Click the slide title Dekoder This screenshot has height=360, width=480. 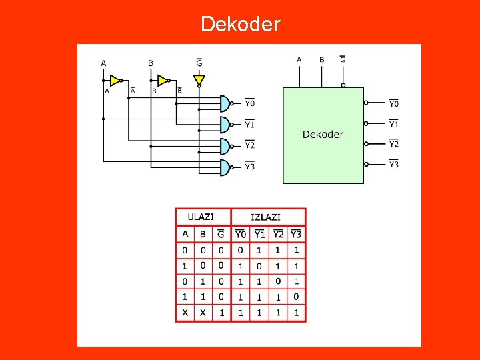[241, 25]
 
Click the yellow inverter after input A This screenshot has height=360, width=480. [115, 81]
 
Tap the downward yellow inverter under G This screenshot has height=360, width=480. [199, 81]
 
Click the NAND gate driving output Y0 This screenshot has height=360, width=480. [226, 103]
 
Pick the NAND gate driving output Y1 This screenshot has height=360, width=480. [226, 124]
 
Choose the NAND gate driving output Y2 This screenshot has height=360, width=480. [226, 145]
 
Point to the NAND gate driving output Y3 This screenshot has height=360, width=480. [226, 167]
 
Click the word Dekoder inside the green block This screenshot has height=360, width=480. [323, 135]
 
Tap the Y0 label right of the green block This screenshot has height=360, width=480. [394, 103]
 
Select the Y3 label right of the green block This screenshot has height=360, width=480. [394, 165]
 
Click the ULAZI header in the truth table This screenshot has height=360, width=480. [201, 217]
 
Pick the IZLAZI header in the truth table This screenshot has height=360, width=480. [265, 217]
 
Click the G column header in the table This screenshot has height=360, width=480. [221, 234]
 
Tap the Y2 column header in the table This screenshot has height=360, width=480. [278, 234]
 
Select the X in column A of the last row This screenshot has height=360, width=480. [185, 312]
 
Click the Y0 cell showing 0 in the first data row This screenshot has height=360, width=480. [241, 250]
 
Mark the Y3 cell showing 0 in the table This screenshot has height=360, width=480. [296, 297]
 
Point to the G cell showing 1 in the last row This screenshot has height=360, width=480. [221, 312]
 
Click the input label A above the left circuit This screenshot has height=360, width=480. [103, 63]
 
